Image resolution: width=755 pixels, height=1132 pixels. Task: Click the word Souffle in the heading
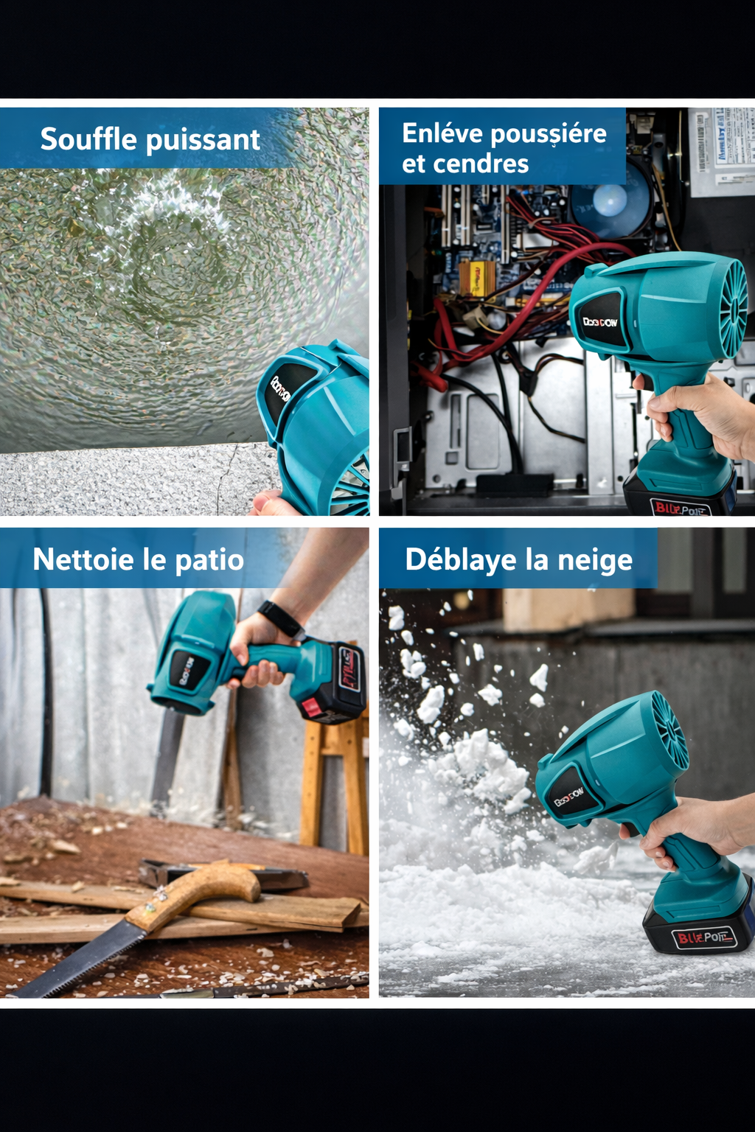[88, 139]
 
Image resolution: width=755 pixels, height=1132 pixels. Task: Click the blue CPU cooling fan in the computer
[610, 201]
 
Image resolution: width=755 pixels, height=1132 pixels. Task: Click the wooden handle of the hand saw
[199, 892]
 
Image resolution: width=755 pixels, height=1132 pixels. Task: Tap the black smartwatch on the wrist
[281, 620]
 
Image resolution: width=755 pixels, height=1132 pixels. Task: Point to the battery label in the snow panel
[703, 937]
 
